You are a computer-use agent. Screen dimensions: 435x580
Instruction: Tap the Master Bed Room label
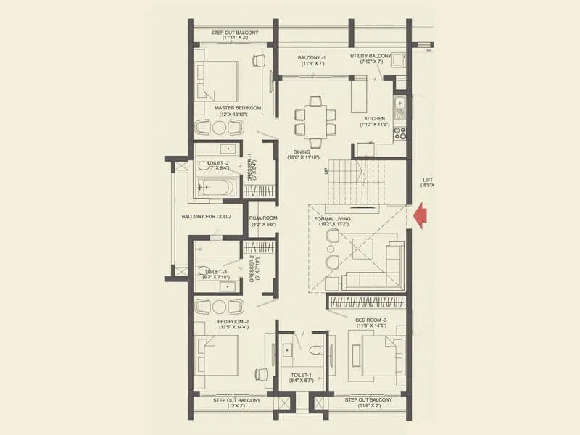238,108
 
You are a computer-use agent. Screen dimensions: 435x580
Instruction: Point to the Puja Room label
263,217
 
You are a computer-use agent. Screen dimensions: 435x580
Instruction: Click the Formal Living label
333,218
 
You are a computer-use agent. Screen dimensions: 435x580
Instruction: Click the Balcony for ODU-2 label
207,216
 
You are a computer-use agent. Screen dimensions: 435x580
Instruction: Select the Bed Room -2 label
233,320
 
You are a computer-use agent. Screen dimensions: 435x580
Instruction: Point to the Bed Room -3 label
370,320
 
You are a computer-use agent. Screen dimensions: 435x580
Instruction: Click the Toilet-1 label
302,375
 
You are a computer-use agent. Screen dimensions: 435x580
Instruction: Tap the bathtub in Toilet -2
215,188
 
